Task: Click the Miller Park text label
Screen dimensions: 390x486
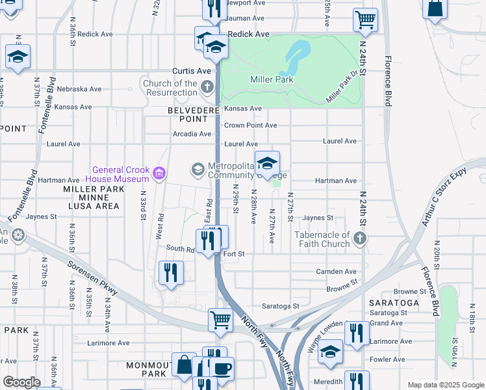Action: pos(272,80)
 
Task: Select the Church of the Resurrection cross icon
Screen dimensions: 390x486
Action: pos(207,86)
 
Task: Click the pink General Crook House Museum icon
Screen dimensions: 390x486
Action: pos(159,173)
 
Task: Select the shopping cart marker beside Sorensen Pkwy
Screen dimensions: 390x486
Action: pos(220,320)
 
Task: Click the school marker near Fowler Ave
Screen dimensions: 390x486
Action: pos(330,352)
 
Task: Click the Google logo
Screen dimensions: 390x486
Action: pos(21,382)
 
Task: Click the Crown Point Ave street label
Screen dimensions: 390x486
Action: pos(250,125)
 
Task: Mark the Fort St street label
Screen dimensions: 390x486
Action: pos(233,254)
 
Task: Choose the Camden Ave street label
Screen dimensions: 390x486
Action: pos(336,271)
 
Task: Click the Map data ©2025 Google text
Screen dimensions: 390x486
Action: pos(445,385)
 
